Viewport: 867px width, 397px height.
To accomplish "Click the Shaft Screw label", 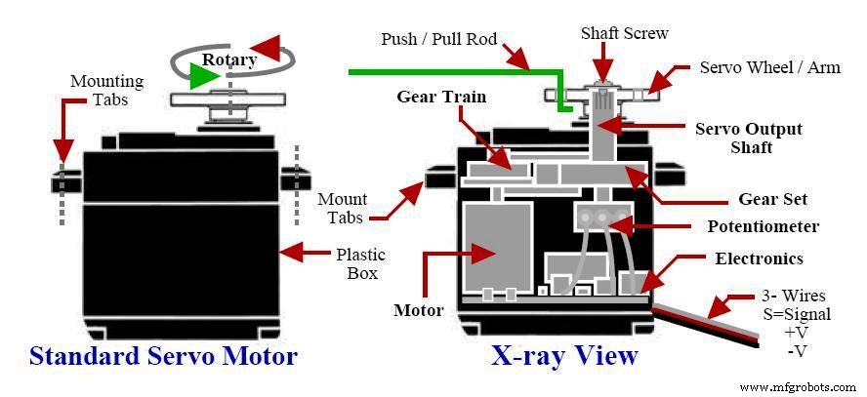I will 624,33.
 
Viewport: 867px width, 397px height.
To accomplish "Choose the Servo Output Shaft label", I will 748,138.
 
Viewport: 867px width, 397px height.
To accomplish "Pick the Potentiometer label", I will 763,227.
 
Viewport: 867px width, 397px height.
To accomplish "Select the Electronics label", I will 759,258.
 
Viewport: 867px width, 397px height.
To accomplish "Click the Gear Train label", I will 441,97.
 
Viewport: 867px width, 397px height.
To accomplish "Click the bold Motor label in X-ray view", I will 418,311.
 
